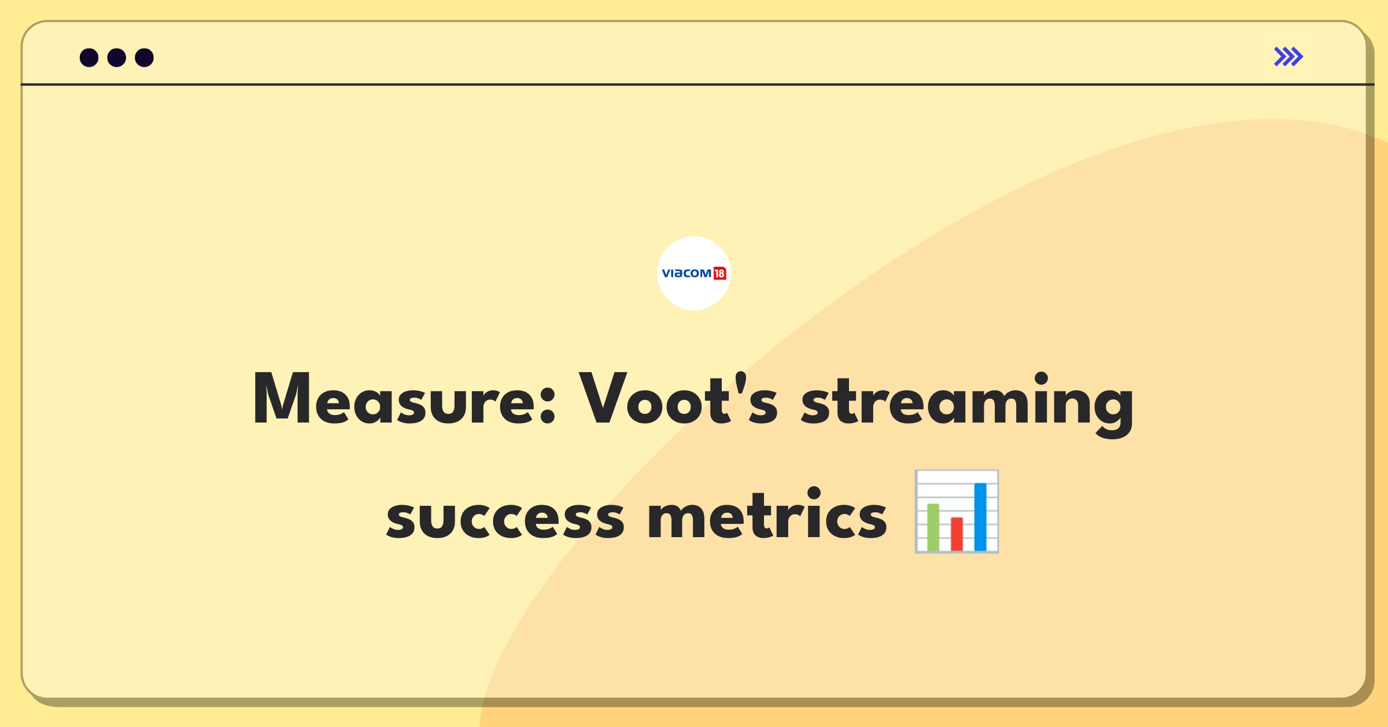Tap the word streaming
[x=967, y=404]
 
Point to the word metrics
[x=767, y=513]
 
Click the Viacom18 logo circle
[x=694, y=273]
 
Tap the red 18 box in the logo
[x=719, y=273]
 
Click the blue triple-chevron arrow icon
[x=1289, y=57]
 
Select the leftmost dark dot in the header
[x=89, y=57]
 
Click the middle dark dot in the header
[x=117, y=57]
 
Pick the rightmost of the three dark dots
[x=144, y=57]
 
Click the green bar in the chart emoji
[x=933, y=527]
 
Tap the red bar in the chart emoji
[x=957, y=534]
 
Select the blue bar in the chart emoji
[x=980, y=517]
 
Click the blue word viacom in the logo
[x=686, y=273]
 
